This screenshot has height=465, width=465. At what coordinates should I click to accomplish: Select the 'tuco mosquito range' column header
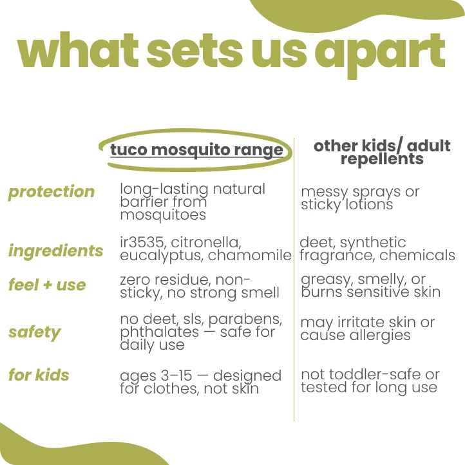coord(196,150)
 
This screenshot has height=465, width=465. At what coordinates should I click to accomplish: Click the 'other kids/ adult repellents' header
coord(382,152)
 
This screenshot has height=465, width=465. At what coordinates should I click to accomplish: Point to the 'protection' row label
coord(52,192)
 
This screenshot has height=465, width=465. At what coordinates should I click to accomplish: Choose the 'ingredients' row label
coord(55,251)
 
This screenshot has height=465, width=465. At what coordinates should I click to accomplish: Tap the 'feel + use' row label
coord(47,285)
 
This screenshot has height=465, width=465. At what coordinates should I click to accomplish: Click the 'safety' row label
coord(34,332)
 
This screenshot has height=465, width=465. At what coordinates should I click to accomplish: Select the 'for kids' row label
coord(39,375)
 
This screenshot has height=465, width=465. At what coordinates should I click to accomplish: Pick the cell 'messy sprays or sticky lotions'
coord(359,198)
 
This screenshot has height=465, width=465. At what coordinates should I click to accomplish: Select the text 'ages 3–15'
coord(154,375)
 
